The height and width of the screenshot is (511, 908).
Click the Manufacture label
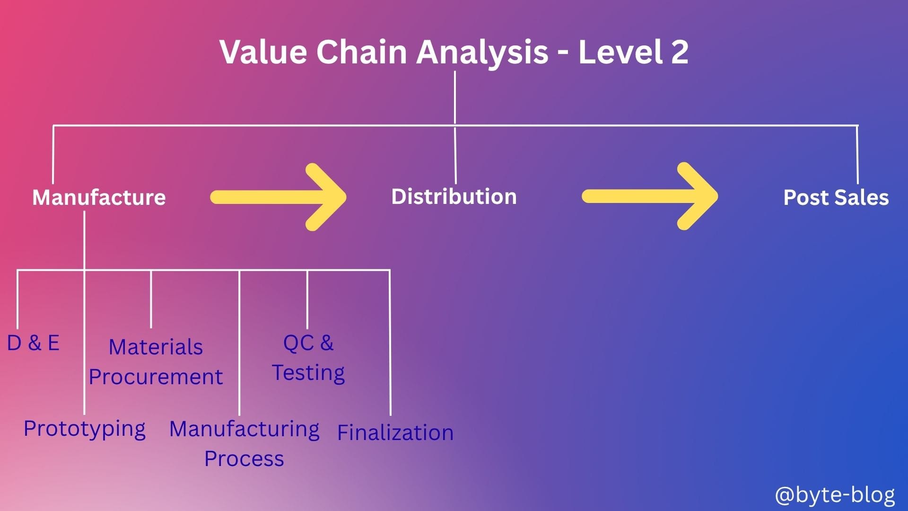tap(99, 197)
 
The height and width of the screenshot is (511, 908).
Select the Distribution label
tap(454, 196)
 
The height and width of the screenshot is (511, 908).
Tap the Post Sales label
tap(836, 197)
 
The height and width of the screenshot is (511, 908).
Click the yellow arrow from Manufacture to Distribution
tap(279, 197)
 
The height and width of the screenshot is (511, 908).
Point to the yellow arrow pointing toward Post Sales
tap(650, 196)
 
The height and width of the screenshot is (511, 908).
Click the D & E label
tap(33, 343)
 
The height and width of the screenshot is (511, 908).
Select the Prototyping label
tap(85, 429)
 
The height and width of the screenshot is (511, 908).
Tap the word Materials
tap(156, 347)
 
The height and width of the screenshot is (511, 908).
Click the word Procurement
tap(156, 377)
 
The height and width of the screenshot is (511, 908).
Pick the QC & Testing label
tap(308, 358)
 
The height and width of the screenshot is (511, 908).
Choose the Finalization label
tap(395, 432)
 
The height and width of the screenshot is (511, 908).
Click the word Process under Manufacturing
tap(244, 458)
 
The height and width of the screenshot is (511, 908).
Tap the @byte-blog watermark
tap(835, 494)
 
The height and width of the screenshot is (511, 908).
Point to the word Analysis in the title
tap(482, 52)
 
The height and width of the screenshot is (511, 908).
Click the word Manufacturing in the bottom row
tap(244, 429)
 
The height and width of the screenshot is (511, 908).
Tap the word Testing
tap(308, 373)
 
